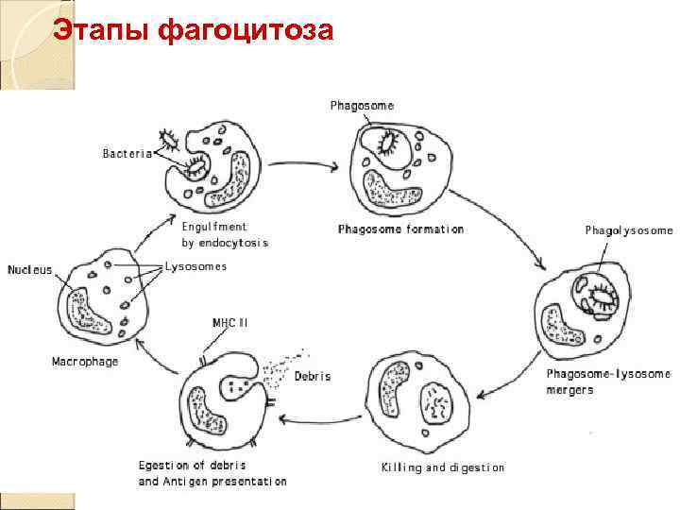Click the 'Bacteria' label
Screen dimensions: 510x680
[127, 154]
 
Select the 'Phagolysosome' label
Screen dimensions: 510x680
[629, 230]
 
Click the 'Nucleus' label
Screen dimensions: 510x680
[30, 269]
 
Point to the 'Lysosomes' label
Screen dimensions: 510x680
[195, 267]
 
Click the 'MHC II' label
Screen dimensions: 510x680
[229, 323]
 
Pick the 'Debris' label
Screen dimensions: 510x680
[313, 376]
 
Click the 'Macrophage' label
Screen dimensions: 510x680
[84, 362]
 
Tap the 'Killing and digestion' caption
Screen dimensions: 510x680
[442, 467]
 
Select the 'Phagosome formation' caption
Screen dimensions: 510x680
[400, 229]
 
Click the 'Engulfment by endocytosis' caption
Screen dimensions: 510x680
[225, 234]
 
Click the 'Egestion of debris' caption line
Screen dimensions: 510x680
[199, 466]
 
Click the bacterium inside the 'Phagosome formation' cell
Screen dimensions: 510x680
[387, 144]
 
